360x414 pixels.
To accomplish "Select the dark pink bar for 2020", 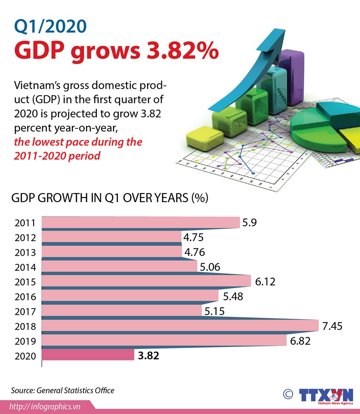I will tap(88, 355).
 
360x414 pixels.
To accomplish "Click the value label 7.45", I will tap(332, 326).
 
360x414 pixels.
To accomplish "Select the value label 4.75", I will tap(194, 238).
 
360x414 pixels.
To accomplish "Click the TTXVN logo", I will tap(326, 395).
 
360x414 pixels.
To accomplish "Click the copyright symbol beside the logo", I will tap(288, 394).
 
